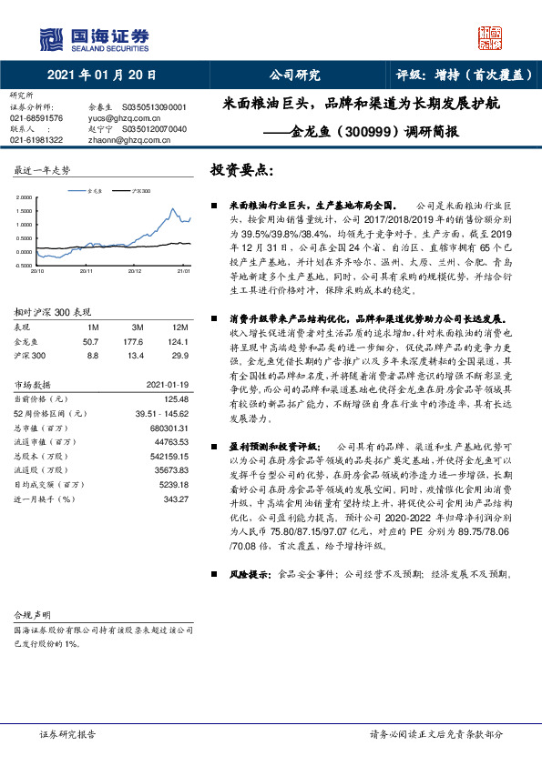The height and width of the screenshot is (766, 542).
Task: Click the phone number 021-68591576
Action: (36, 118)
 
